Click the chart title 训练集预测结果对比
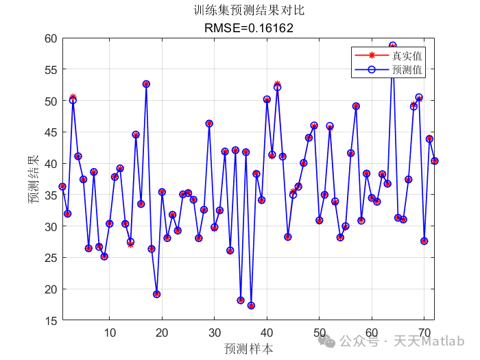pyautogui.click(x=248, y=11)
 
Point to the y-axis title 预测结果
pyautogui.click(x=33, y=180)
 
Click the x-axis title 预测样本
pyautogui.click(x=248, y=348)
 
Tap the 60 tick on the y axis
pyautogui.click(x=49, y=38)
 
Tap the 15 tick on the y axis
pyautogui.click(x=49, y=320)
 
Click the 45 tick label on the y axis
pyautogui.click(x=49, y=132)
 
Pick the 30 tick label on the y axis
pyautogui.click(x=49, y=226)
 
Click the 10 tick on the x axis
pyautogui.click(x=110, y=333)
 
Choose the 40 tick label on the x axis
pyautogui.click(x=267, y=333)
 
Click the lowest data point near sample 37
pyautogui.click(x=251, y=306)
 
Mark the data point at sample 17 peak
pyautogui.click(x=146, y=84)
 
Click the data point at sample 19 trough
pyautogui.click(x=157, y=294)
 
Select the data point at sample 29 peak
pyautogui.click(x=209, y=123)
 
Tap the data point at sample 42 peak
pyautogui.click(x=277, y=86)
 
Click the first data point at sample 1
pyautogui.click(x=62, y=187)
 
